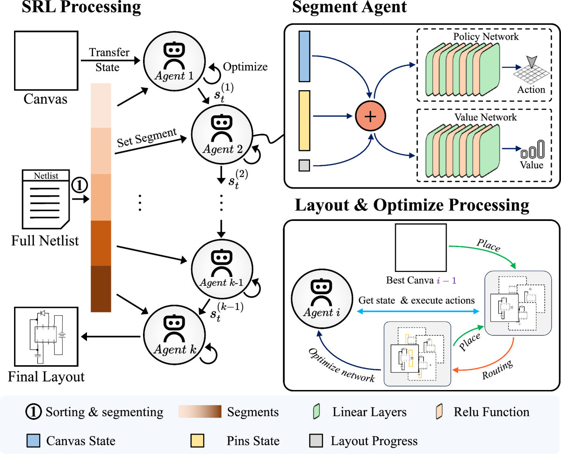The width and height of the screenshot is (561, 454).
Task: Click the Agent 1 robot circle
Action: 174,60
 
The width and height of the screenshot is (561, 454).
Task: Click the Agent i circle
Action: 322,298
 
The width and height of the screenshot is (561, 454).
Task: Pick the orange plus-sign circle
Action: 371,116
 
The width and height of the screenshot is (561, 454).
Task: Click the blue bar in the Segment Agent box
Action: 304,57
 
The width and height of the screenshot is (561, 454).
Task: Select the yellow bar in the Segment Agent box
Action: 304,121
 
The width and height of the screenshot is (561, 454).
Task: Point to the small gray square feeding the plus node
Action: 304,165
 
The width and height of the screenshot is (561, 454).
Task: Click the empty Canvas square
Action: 46,61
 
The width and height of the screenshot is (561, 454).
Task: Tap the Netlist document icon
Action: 46,199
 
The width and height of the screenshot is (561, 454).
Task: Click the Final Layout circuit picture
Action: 46,336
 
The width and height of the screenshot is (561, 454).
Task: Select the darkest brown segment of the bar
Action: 101,289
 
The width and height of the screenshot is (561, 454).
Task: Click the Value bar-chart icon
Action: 533,149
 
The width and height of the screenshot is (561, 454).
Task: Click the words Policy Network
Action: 486,36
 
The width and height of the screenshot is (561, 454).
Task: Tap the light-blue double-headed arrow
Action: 418,312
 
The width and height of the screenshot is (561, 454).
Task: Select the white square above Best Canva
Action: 421,248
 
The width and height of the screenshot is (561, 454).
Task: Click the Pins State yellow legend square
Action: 197,440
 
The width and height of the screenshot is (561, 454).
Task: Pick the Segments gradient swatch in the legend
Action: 200,411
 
